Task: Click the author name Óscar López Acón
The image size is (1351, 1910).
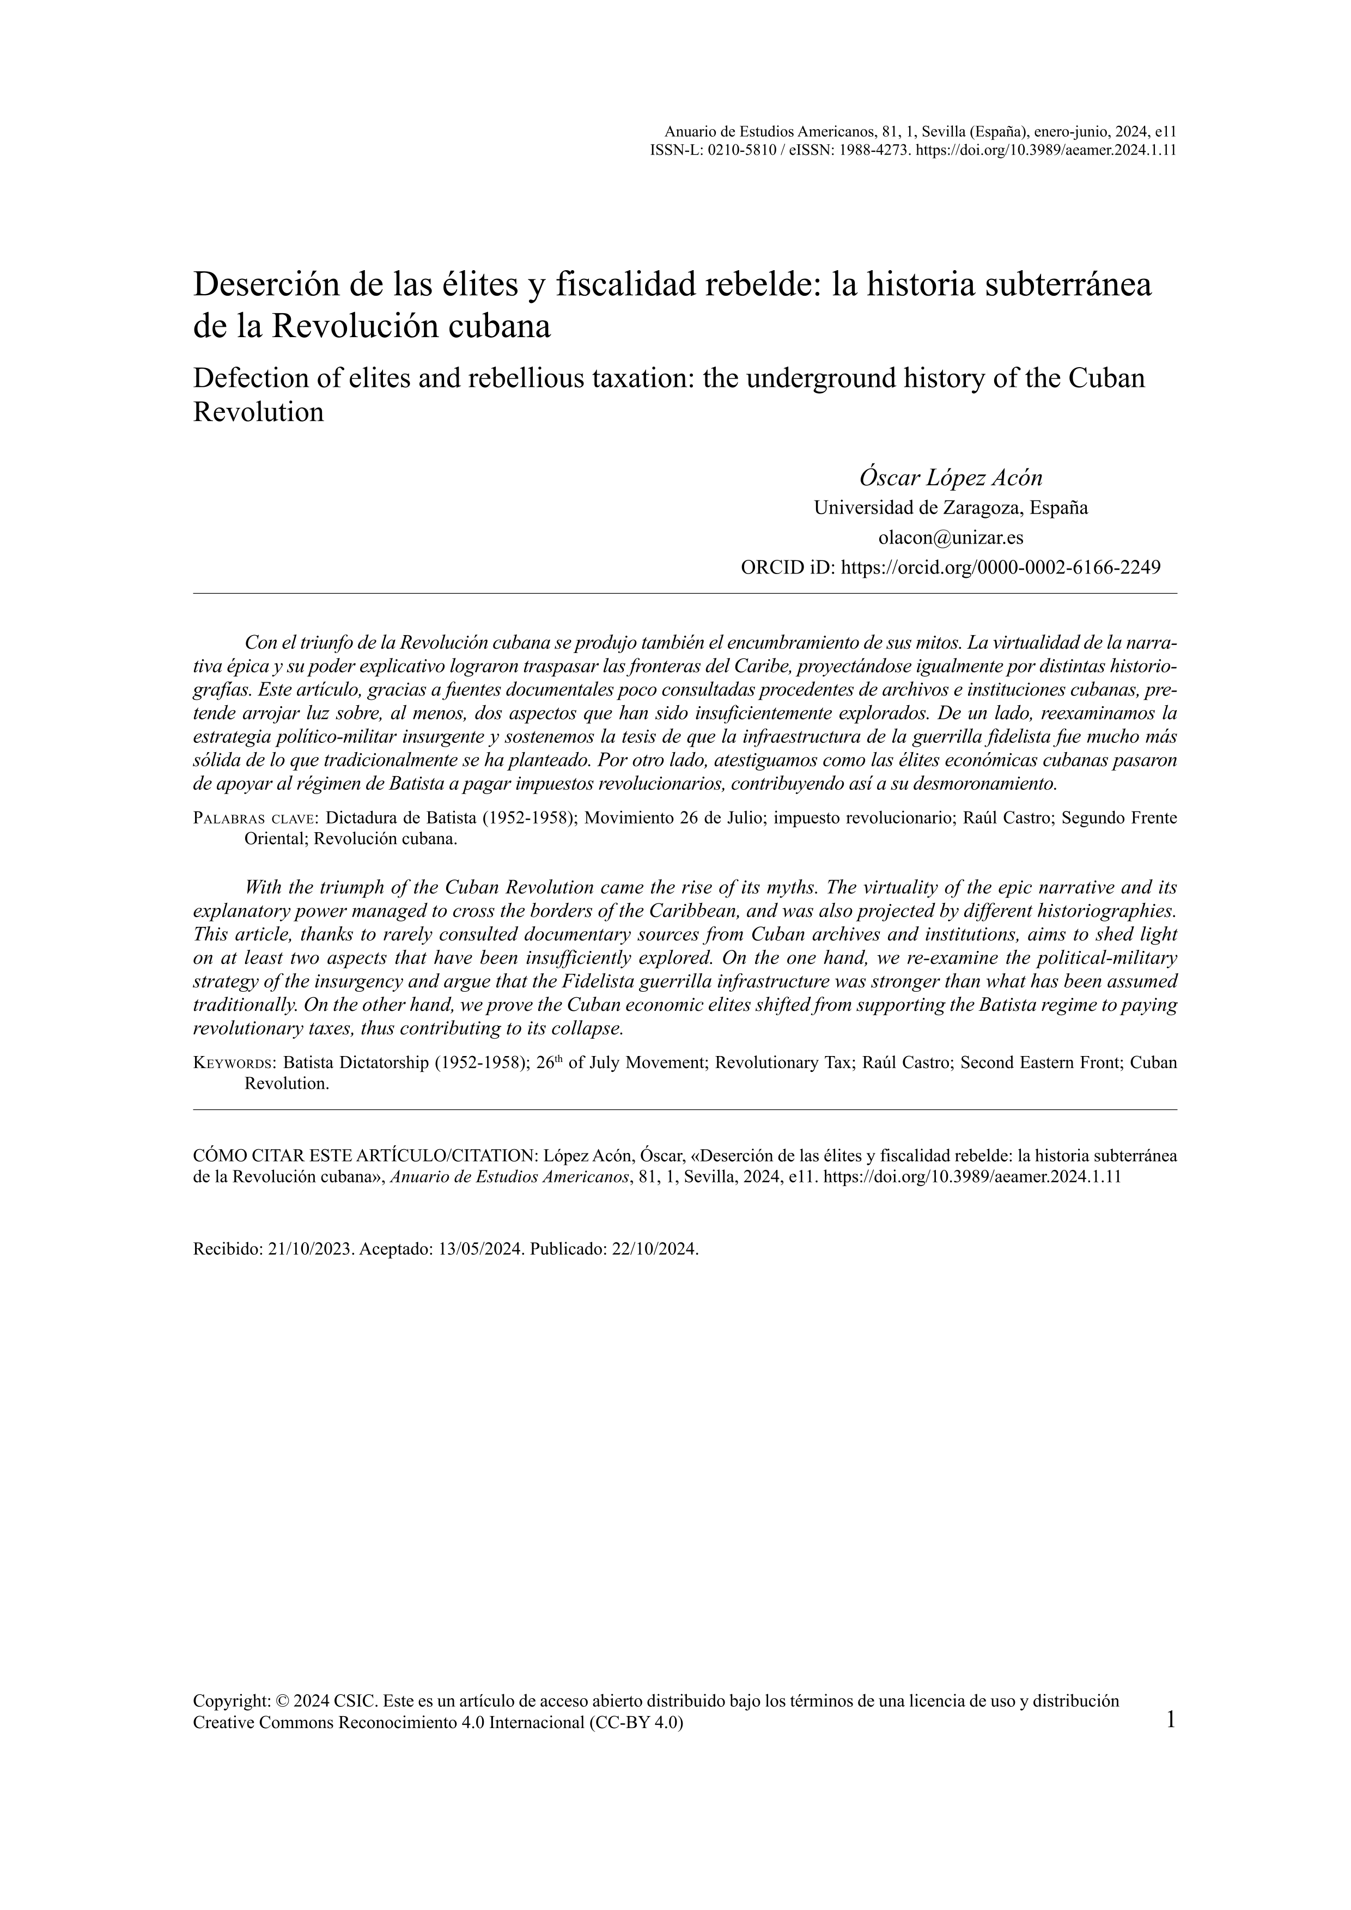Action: click(950, 478)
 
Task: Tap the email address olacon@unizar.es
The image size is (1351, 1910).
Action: click(950, 538)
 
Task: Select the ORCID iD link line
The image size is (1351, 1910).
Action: click(950, 567)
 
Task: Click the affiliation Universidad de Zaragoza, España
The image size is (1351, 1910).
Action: click(950, 508)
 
